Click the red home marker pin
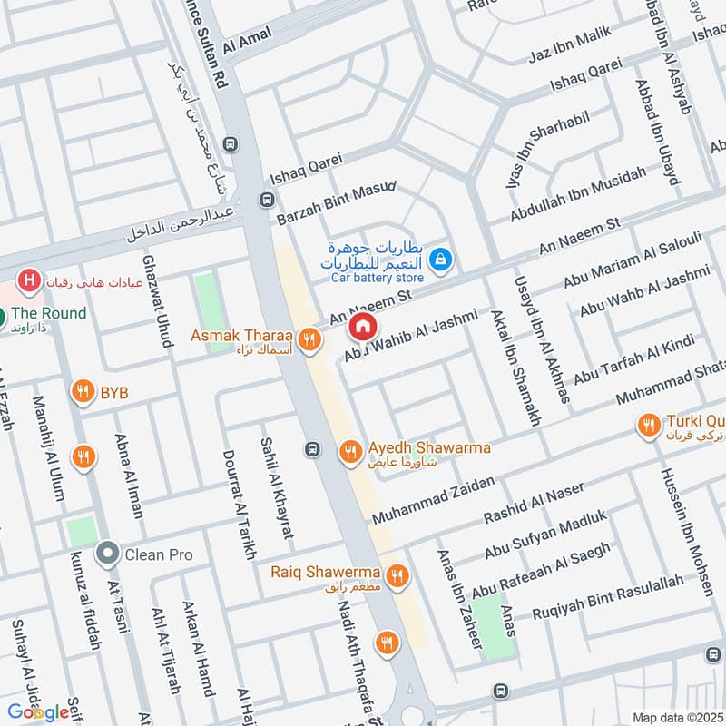coord(362,325)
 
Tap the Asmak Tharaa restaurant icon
coord(309,339)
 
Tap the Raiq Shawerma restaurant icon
coord(397,575)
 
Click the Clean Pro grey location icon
coord(108,553)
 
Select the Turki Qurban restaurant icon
coord(648,425)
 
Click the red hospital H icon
coord(31,280)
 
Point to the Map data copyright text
coord(678,717)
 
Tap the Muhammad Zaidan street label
coord(432,499)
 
